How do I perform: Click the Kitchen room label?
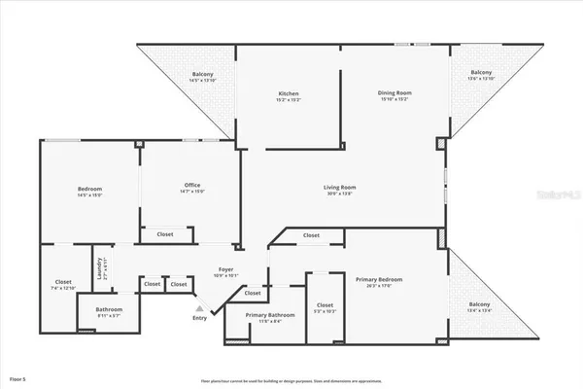289,93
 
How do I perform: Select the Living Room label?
340,187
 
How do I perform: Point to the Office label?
192,185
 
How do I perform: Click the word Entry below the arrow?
200,318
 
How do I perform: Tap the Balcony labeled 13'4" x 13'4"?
481,307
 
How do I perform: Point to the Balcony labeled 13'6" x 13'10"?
482,75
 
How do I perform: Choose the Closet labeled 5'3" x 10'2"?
325,307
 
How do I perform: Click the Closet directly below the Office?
165,234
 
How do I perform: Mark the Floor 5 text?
18,377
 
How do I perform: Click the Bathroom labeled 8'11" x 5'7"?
109,312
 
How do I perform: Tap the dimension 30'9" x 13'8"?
340,193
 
